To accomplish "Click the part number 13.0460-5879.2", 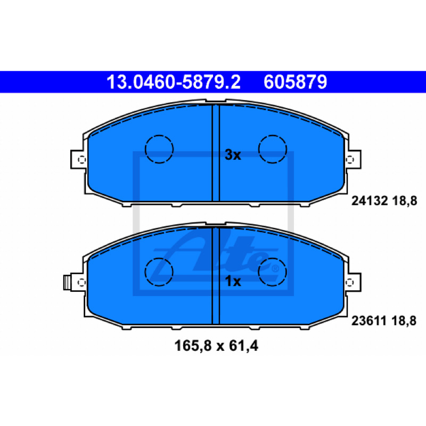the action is [174, 82].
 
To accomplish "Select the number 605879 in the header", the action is [296, 82].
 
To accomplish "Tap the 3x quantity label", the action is [233, 155].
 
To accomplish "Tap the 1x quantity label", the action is [233, 281].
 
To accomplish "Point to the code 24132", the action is [370, 201].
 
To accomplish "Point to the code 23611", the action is [369, 321].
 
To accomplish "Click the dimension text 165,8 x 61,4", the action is [216, 346].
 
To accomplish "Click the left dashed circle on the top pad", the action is [159, 149].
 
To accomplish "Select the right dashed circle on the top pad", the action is [273, 149].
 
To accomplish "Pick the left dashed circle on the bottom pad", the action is [159, 272].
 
